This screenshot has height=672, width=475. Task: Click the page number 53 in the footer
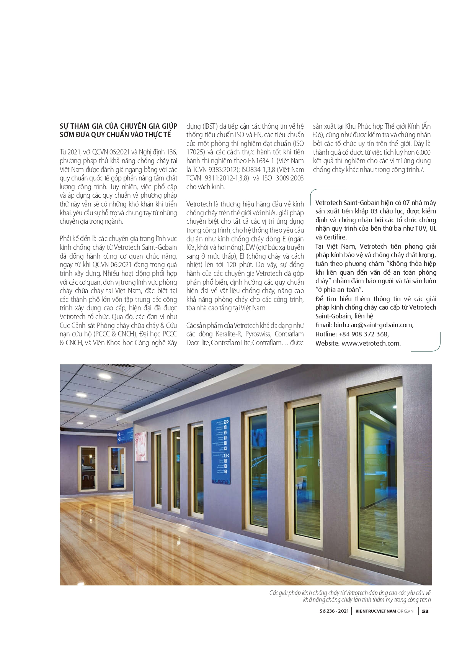coord(425,611)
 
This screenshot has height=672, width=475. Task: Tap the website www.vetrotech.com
coord(371,343)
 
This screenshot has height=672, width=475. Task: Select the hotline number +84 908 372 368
coord(363,334)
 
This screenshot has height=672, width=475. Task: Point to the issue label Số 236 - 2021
coord(334,611)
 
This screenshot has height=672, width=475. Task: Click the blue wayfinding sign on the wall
coord(221,451)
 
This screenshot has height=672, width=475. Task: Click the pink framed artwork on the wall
coord(141,447)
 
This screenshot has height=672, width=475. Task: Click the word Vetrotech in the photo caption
coord(363,593)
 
